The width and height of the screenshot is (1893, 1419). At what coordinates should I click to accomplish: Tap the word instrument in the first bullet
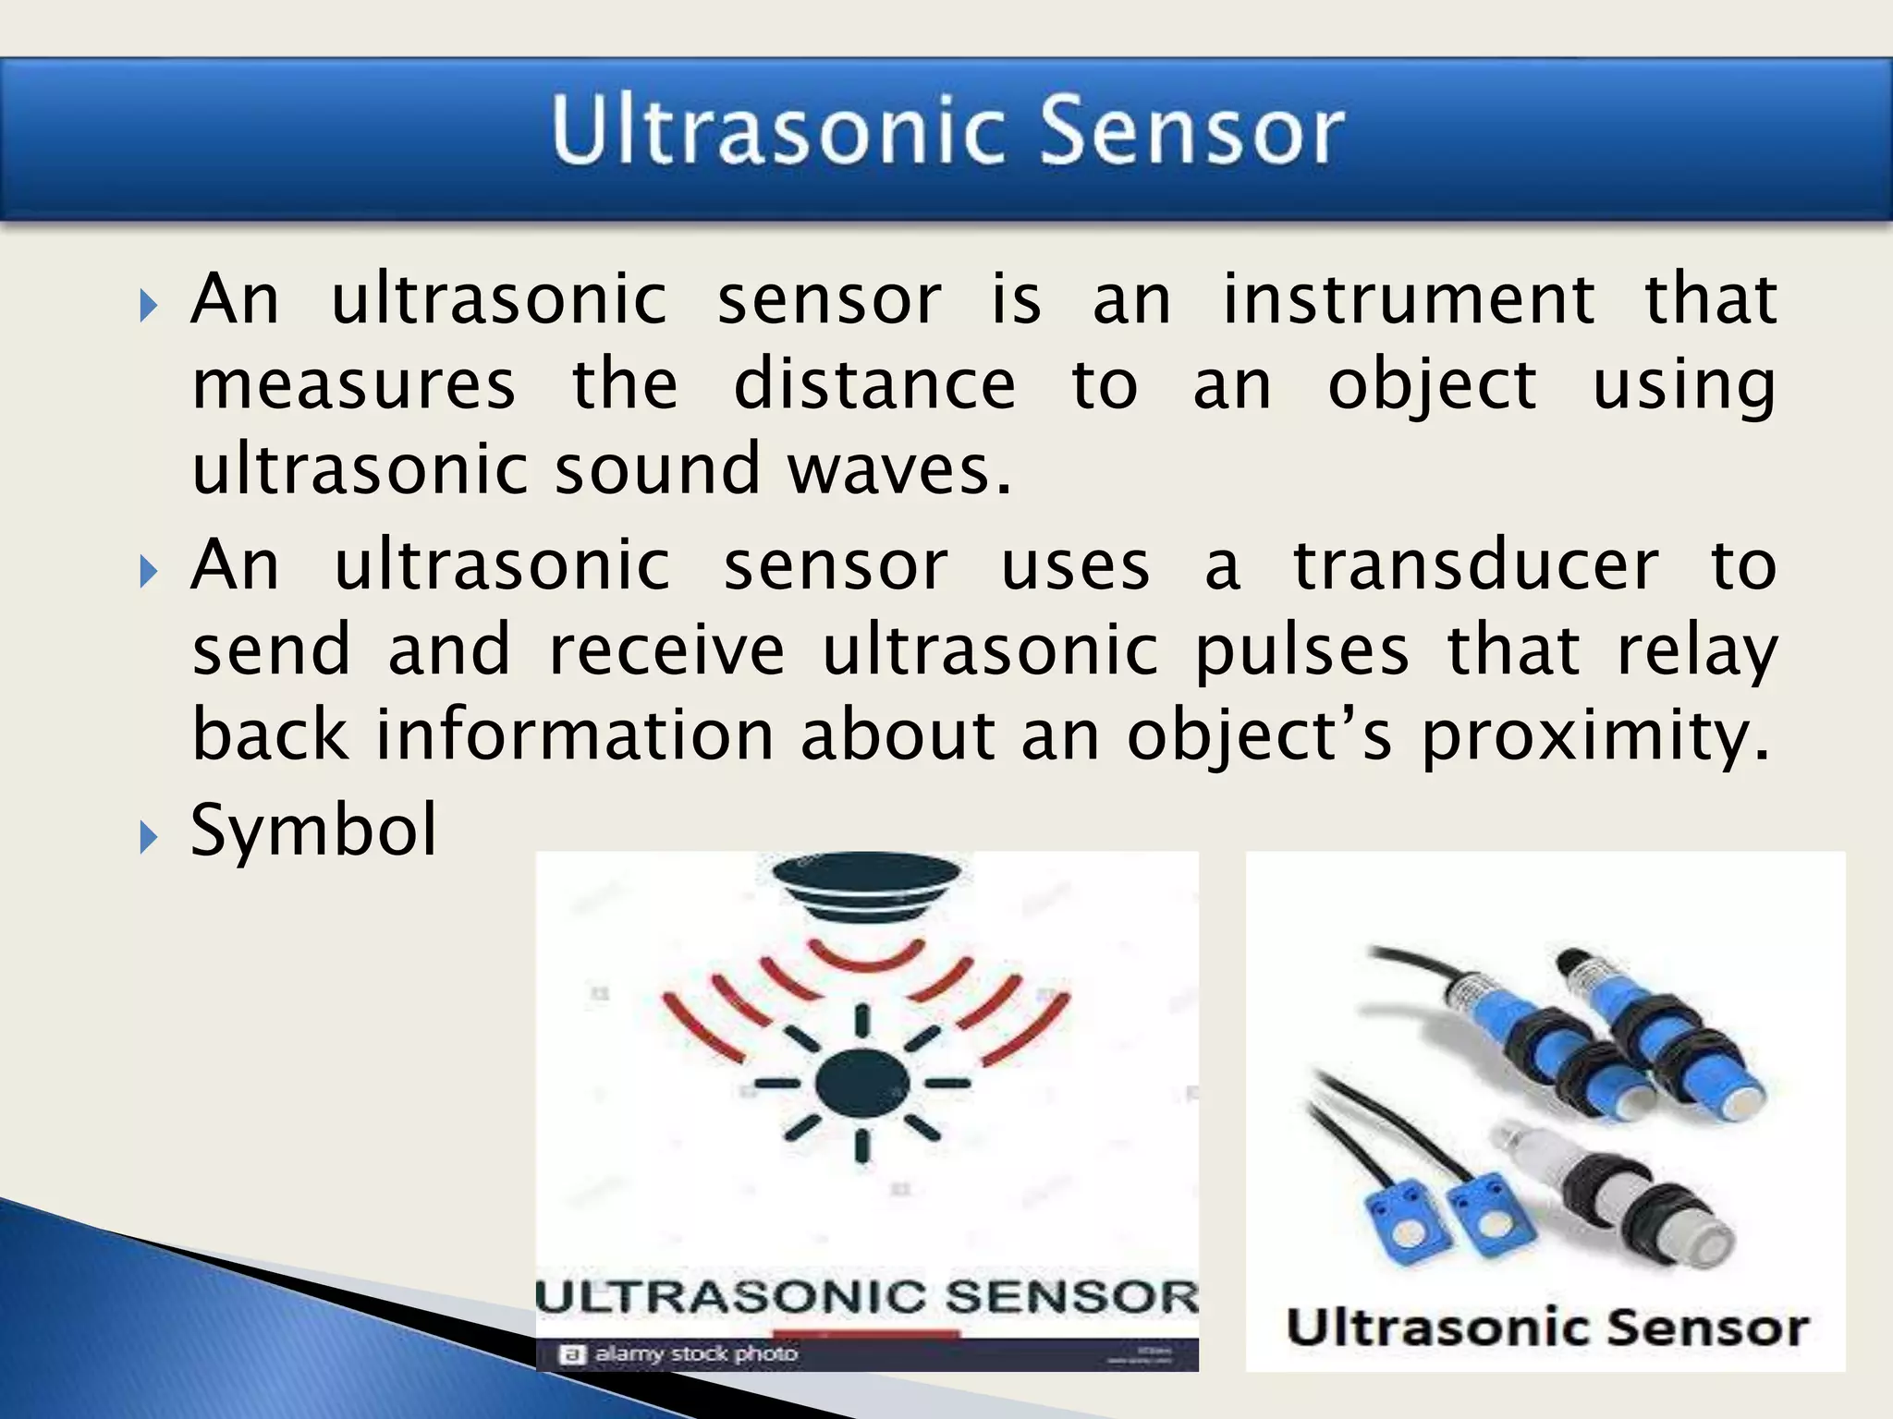[x=1407, y=300]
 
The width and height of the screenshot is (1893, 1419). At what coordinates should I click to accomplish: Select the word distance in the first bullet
[x=874, y=384]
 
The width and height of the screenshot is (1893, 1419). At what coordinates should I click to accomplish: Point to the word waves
[x=898, y=469]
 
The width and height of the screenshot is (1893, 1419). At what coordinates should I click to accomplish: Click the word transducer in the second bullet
[x=1475, y=565]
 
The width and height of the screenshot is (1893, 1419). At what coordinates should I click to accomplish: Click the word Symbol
[x=312, y=830]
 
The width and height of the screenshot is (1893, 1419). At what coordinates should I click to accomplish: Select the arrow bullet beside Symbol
[x=149, y=838]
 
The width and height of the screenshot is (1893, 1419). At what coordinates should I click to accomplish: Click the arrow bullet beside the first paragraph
[x=149, y=306]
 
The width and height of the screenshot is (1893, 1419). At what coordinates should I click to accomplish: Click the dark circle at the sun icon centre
[x=862, y=1083]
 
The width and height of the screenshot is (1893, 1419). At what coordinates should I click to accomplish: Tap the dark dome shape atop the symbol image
[x=866, y=883]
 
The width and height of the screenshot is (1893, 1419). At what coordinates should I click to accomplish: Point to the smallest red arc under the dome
[x=866, y=957]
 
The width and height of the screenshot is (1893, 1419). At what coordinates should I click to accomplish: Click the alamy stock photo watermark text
[x=695, y=1353]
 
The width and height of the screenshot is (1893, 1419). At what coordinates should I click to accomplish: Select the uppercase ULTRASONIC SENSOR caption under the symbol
[x=866, y=1296]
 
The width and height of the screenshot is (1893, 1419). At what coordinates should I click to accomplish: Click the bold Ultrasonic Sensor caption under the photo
[x=1546, y=1328]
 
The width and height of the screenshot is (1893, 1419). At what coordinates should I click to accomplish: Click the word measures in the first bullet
[x=353, y=384]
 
